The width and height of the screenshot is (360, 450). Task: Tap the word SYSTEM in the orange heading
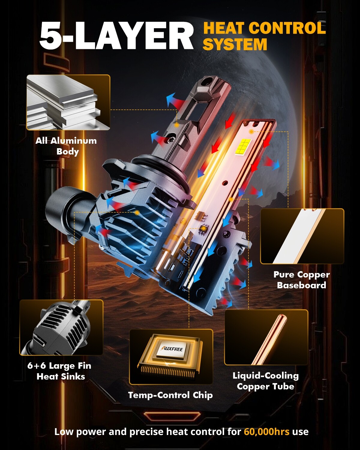click(235, 44)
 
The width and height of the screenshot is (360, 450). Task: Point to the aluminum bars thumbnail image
click(68, 103)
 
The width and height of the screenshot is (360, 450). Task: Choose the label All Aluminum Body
click(66, 146)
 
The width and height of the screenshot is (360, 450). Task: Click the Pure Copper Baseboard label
click(301, 280)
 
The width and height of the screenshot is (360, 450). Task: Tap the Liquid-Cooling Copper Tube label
click(266, 381)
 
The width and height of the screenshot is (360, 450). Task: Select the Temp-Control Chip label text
click(170, 395)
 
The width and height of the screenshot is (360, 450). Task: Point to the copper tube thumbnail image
click(266, 337)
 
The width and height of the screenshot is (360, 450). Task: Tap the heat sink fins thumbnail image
click(61, 328)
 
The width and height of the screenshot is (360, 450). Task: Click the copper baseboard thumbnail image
click(302, 236)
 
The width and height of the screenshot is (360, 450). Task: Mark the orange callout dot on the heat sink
click(137, 213)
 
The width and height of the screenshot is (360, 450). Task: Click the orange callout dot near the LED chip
click(251, 131)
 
